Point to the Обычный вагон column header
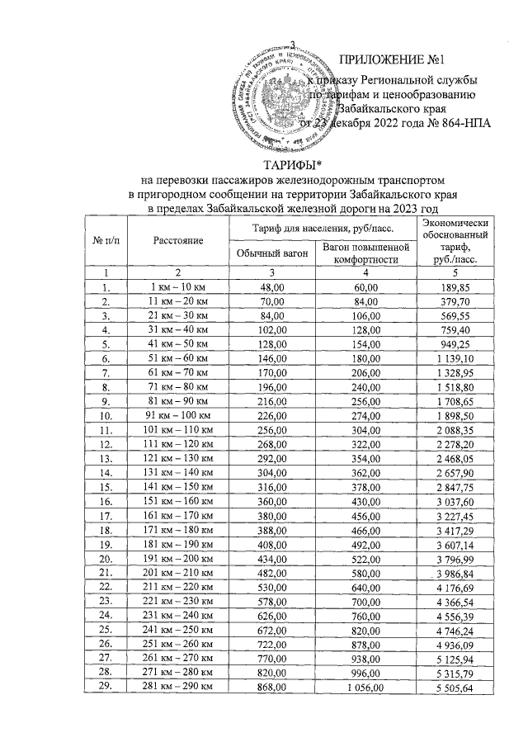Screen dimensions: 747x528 (271, 253)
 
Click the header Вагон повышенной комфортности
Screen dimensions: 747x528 (365, 253)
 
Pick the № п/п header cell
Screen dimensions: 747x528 (106, 240)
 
